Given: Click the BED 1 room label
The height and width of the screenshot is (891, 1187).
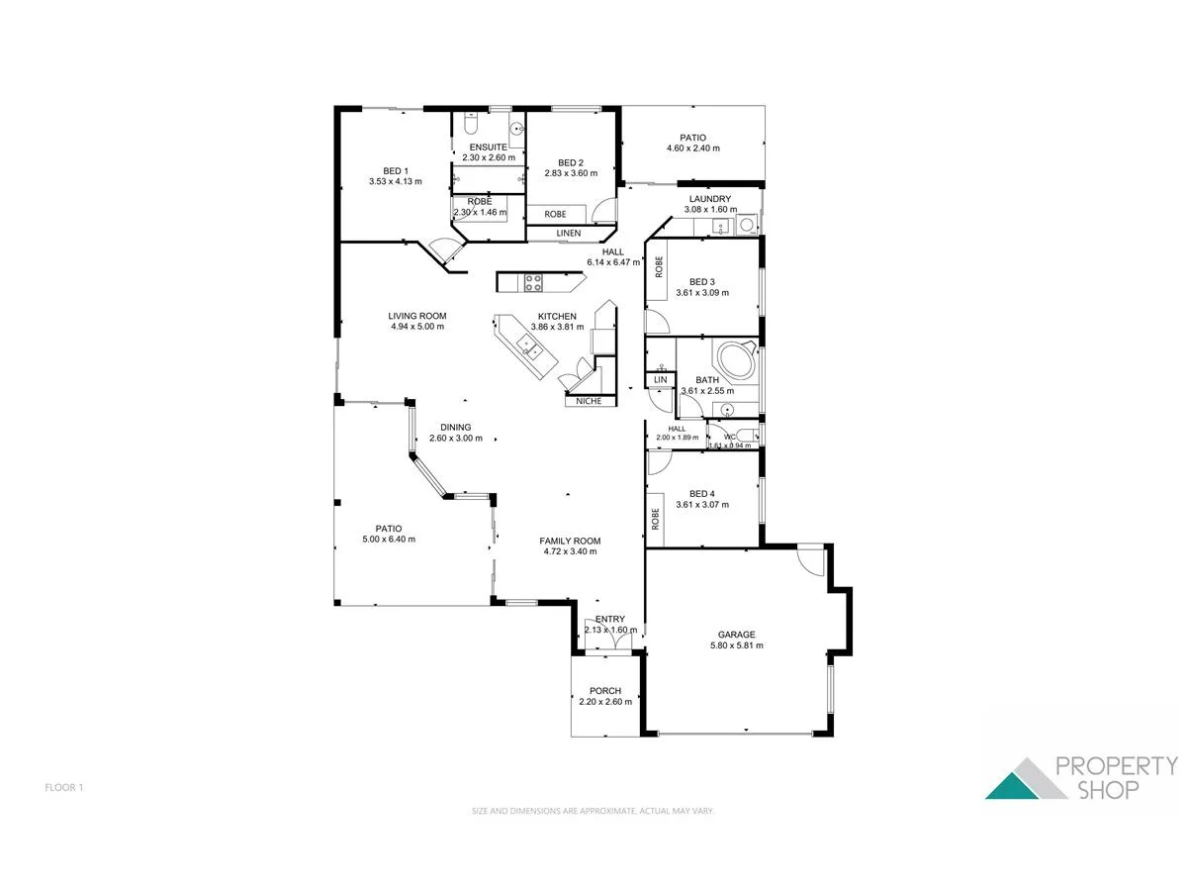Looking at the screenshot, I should [395, 169].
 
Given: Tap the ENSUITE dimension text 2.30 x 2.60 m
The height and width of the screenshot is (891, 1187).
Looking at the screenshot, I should [489, 157].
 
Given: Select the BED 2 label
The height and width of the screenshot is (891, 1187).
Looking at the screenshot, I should [571, 163].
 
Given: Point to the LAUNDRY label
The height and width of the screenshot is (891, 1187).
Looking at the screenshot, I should [709, 199].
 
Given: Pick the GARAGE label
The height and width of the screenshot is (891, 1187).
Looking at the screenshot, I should [736, 635].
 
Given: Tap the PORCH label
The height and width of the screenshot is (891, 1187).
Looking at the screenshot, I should [604, 691].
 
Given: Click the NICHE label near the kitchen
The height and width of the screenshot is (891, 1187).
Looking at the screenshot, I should [589, 401].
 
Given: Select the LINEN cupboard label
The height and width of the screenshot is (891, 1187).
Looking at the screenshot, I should [568, 234].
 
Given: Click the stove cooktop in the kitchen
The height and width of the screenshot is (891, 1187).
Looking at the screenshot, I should [533, 282].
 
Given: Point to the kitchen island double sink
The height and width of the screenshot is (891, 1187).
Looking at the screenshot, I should [526, 346].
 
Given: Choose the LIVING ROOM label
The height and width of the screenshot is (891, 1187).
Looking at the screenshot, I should [416, 316].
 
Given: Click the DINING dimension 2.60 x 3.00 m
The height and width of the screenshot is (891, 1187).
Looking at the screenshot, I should [455, 439].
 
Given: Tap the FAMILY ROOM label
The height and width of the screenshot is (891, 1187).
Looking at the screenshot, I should [570, 541].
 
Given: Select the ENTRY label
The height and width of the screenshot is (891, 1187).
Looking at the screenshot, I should [610, 620].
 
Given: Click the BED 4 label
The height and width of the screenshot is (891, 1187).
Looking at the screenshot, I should [701, 493].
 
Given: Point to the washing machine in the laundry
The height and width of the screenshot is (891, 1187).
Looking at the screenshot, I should [749, 225].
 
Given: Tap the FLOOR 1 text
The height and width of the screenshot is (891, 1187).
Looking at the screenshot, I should [64, 788].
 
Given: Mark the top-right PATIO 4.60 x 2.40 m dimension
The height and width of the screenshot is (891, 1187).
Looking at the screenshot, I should [692, 148].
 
